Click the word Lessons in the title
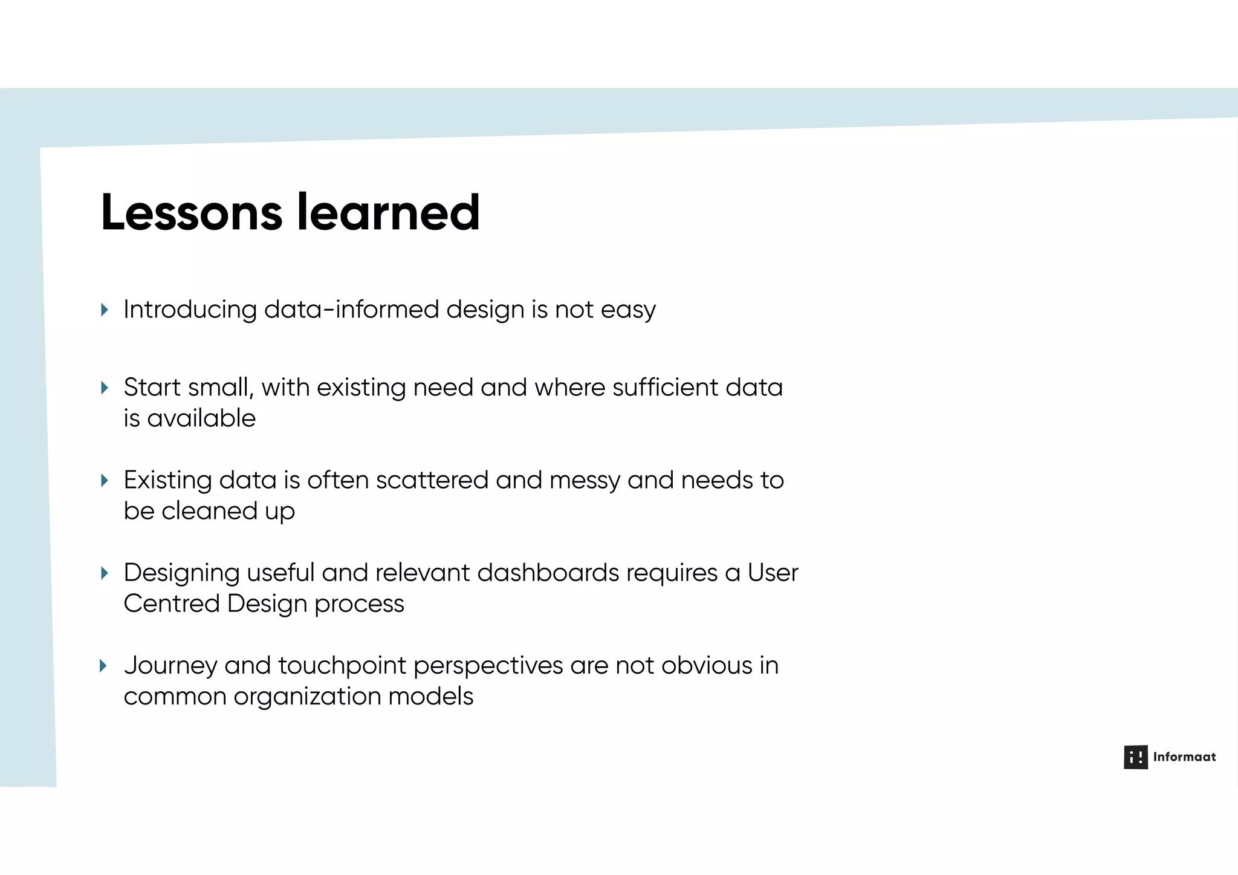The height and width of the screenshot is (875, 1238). (x=191, y=213)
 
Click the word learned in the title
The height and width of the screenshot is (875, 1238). (x=388, y=213)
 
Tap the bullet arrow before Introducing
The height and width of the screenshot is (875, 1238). (x=105, y=310)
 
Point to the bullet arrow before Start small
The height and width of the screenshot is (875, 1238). (x=105, y=388)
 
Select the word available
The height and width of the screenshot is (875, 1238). (x=201, y=418)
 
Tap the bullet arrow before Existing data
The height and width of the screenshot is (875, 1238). (x=105, y=481)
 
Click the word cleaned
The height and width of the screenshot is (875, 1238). (x=209, y=511)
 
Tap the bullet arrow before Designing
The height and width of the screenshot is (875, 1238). (x=105, y=573)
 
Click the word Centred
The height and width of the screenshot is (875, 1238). (x=172, y=603)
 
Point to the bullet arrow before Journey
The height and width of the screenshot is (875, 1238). (x=103, y=666)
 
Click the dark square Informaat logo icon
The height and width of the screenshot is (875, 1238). (x=1135, y=757)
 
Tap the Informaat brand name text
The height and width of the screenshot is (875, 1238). (x=1184, y=757)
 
